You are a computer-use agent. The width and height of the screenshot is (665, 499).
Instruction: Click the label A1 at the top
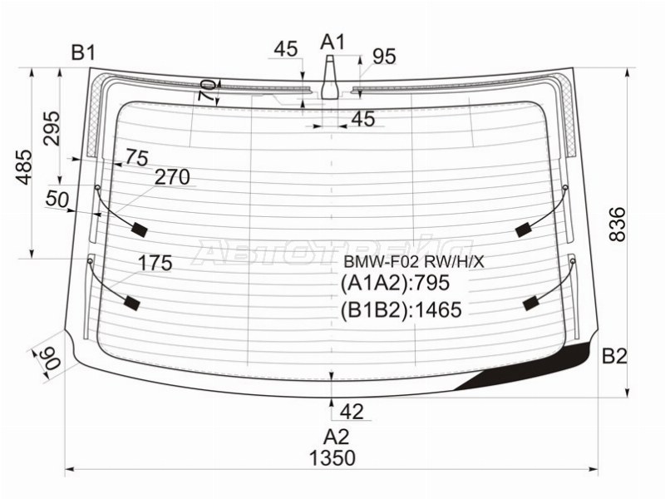(x=332, y=42)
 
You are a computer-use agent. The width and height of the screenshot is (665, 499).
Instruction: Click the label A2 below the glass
(x=336, y=436)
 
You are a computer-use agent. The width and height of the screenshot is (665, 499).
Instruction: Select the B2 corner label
(x=614, y=357)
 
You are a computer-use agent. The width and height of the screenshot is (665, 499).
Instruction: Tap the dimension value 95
(x=383, y=57)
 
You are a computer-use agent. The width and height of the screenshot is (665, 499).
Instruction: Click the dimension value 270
(x=172, y=177)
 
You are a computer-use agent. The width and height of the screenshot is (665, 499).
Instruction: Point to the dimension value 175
(x=155, y=264)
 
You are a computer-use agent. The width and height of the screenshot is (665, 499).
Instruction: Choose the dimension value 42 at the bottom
(x=352, y=410)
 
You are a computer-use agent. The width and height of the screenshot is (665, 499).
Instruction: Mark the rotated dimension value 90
(x=45, y=360)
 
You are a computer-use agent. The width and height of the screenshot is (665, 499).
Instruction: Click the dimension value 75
(x=136, y=157)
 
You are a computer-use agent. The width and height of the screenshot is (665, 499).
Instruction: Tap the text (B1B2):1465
(x=401, y=309)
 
